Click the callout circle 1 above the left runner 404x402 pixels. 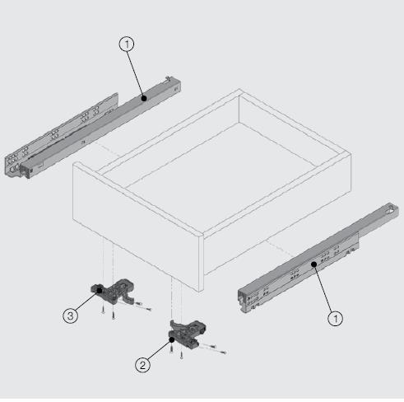tap(127, 44)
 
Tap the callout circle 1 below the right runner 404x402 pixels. tap(336, 319)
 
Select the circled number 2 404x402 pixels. tap(142, 365)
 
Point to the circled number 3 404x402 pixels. tap(71, 316)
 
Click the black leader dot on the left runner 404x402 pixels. tap(144, 98)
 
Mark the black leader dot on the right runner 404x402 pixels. tap(314, 264)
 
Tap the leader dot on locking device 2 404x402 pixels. tap(172, 339)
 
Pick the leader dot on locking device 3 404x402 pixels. tap(100, 290)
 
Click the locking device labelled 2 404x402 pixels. tap(187, 333)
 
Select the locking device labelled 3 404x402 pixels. tap(113, 291)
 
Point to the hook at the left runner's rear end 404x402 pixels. tap(169, 79)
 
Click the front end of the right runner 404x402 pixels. tap(246, 300)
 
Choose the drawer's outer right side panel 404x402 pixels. tap(277, 214)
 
